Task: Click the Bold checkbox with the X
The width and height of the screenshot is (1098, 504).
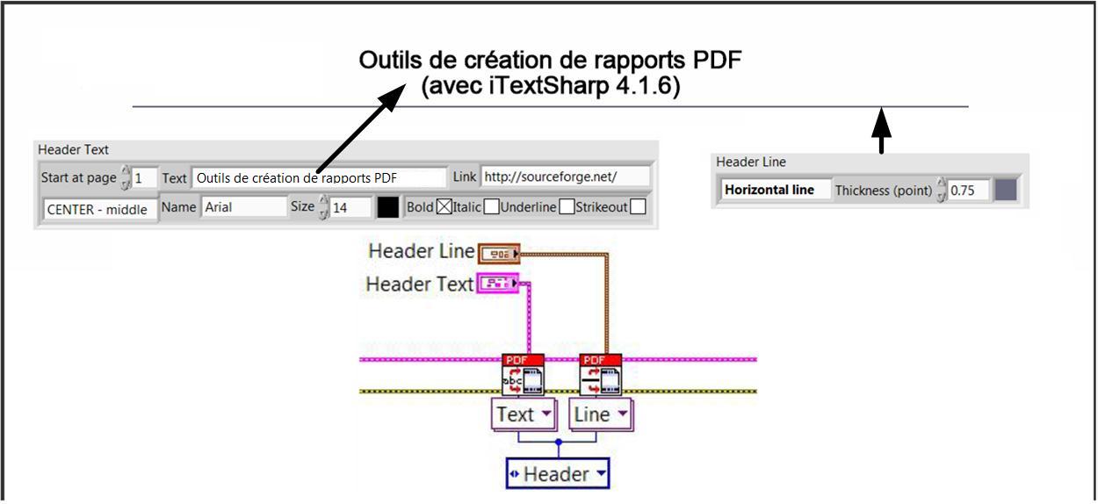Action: pos(444,207)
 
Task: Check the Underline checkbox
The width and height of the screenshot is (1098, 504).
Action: pos(567,207)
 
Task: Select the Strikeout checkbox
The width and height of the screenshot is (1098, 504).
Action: pos(639,207)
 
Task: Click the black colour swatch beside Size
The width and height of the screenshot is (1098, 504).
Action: pos(387,207)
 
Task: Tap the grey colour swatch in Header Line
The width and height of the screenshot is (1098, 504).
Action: pos(1006,190)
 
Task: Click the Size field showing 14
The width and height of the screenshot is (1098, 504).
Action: pos(350,207)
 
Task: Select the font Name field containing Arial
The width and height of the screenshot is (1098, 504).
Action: pos(243,207)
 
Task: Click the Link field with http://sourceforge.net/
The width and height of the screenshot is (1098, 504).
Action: pos(565,176)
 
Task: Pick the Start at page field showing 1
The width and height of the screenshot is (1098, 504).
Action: pos(144,177)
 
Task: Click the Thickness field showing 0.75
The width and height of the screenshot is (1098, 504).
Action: pos(968,190)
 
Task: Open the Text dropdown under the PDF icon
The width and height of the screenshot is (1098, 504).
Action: pos(524,414)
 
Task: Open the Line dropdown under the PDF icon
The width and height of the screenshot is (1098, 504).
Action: pos(600,414)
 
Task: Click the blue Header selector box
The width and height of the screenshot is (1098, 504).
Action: pos(558,474)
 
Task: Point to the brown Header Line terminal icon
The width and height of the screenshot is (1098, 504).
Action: pos(498,255)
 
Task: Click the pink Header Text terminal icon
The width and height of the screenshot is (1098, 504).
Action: pos(498,283)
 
